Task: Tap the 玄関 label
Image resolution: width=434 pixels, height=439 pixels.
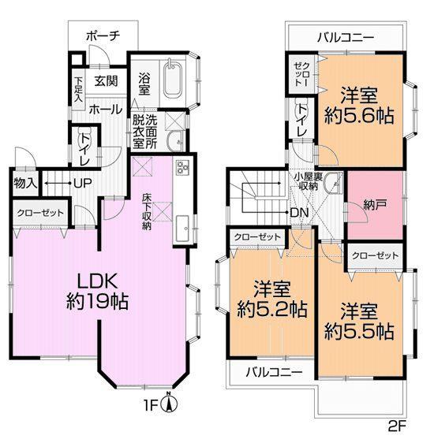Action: (x=107, y=80)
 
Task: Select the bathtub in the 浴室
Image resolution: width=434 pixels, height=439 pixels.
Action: (x=173, y=80)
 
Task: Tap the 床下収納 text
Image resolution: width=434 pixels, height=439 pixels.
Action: (x=148, y=211)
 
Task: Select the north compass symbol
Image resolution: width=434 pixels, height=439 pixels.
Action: (x=167, y=405)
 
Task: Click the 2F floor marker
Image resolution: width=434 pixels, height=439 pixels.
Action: (x=398, y=426)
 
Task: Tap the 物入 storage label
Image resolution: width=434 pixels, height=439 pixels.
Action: (x=24, y=184)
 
